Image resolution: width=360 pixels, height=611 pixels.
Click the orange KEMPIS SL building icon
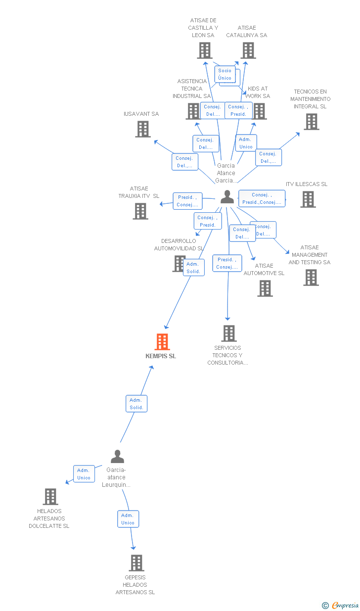[x=162, y=342]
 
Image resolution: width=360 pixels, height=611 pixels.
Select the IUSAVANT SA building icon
[x=143, y=129]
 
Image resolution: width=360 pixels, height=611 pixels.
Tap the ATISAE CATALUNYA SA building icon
[x=248, y=50]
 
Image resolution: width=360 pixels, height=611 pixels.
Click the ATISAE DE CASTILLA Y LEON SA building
[x=205, y=50]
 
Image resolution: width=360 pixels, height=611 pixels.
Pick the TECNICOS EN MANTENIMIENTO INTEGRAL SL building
[x=311, y=122]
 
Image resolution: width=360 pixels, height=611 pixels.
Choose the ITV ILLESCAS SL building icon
[x=308, y=199]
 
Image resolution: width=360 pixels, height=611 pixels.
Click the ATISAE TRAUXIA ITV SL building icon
[x=140, y=211]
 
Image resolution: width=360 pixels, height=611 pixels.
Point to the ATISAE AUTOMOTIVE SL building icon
[x=265, y=288]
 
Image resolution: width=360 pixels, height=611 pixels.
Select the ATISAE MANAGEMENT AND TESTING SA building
[x=311, y=278]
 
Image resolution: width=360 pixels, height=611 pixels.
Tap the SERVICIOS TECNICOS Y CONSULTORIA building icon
[x=228, y=333]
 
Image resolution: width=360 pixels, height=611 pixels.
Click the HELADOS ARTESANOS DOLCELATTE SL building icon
[x=50, y=497]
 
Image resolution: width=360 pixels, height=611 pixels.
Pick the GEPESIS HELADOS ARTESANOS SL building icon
[x=136, y=563]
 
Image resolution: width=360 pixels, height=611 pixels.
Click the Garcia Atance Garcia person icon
[x=227, y=197]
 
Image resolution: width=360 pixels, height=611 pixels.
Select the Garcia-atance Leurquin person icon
[x=117, y=456]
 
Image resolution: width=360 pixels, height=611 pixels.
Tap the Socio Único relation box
[x=225, y=74]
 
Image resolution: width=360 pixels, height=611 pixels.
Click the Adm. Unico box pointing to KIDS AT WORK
[x=246, y=143]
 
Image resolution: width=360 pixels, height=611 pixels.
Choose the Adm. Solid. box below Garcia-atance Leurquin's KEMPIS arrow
[x=136, y=404]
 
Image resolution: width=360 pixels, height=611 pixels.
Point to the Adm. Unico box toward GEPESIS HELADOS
[x=128, y=519]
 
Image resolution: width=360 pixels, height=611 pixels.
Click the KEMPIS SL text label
[x=161, y=356]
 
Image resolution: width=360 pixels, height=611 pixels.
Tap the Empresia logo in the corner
[x=341, y=605]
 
